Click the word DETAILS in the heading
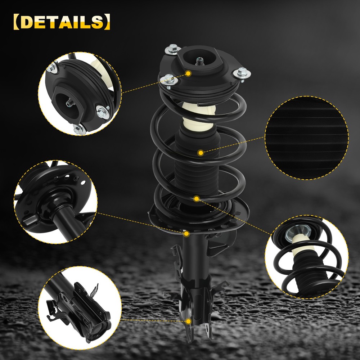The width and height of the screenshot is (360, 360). point(62,22)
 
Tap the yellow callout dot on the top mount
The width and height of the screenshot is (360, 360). point(188,73)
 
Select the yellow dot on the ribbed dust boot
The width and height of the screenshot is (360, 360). point(201,153)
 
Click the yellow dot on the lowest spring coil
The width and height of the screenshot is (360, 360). point(197,199)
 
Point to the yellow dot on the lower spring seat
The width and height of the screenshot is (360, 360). point(186,234)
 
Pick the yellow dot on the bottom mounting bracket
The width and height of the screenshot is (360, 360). point(189,321)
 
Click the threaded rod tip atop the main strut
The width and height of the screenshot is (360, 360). point(199,61)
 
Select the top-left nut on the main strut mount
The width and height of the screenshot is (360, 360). point(173,49)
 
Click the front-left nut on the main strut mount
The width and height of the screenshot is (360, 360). point(169,80)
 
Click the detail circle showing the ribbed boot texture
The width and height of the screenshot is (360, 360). point(307,138)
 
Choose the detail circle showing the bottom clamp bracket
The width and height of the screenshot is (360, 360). point(80,308)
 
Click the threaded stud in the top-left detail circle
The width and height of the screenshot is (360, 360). point(70,102)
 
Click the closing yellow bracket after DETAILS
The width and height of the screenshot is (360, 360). point(107,22)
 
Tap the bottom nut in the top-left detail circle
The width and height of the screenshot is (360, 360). point(80,130)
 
